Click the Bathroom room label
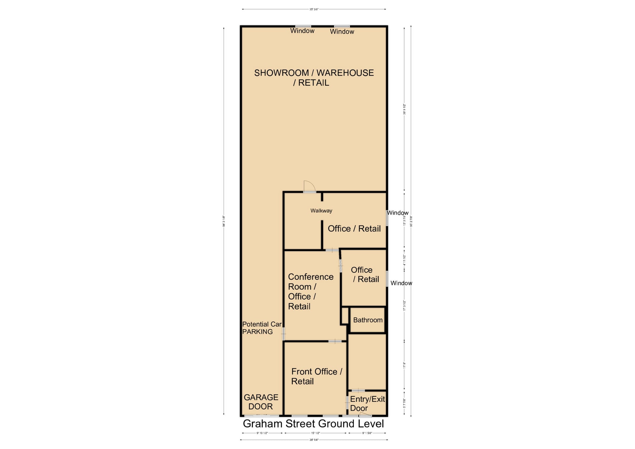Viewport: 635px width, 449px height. click(x=367, y=320)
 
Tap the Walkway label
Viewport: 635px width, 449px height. click(x=321, y=211)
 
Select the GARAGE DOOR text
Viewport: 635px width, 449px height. click(x=261, y=402)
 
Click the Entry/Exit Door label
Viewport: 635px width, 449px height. click(x=367, y=404)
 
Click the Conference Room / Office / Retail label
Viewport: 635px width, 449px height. click(x=310, y=291)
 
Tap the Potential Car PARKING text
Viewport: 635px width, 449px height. click(x=261, y=328)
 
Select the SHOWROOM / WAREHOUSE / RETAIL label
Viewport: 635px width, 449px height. click(x=314, y=78)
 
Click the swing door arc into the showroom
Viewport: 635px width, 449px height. click(x=309, y=186)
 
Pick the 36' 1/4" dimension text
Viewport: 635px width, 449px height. click(x=314, y=440)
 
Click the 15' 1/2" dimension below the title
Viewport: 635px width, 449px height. click(x=315, y=433)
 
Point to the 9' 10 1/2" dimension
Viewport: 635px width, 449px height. click(x=262, y=433)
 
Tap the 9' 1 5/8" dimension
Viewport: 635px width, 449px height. click(x=367, y=433)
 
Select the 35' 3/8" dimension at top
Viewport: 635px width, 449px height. click(x=314, y=9)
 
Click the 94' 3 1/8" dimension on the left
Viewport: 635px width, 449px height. click(x=224, y=221)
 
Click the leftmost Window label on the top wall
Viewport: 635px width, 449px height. click(x=302, y=31)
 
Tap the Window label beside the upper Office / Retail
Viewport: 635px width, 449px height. click(x=398, y=213)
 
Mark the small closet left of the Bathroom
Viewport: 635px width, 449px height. click(x=345, y=316)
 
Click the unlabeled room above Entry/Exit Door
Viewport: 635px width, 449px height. click(x=367, y=362)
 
